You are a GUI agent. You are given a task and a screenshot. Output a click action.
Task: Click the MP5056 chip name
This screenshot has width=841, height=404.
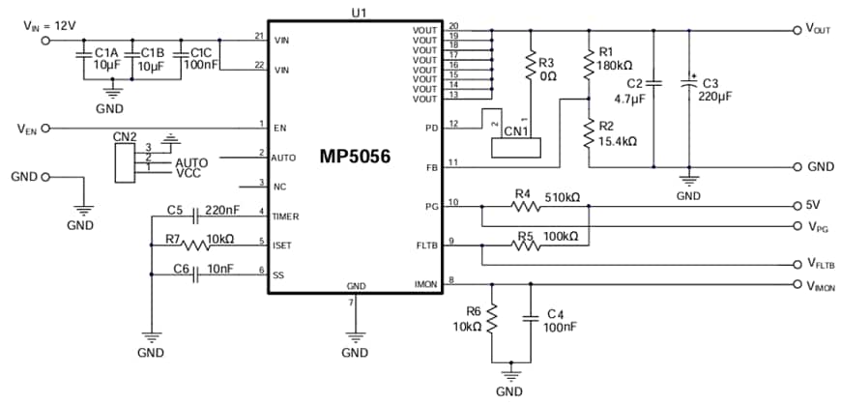[x=356, y=156]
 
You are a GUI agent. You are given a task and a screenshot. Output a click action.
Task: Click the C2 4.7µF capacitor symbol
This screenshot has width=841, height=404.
[x=653, y=84]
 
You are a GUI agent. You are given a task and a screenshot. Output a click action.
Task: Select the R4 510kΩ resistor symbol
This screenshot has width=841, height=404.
[x=523, y=205]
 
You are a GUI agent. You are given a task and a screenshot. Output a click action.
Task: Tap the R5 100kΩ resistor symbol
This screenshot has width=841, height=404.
[x=523, y=245]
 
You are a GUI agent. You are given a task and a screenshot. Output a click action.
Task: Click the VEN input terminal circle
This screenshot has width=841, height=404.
[x=45, y=128]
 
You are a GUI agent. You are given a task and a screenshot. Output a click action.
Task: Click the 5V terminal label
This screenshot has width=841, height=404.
[x=812, y=205]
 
